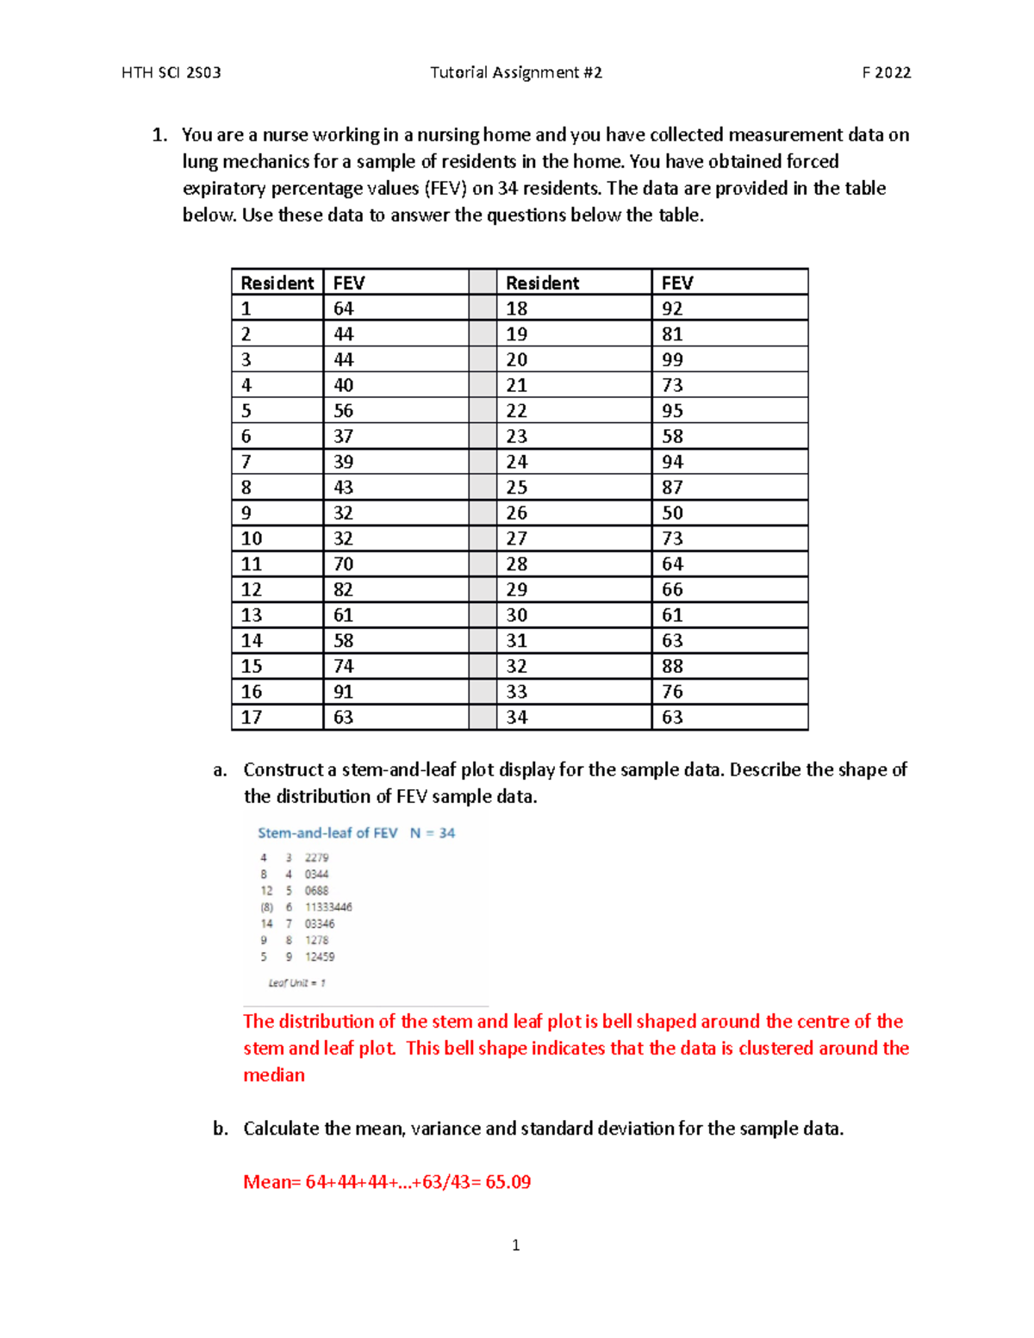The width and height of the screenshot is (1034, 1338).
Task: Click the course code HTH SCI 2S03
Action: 171,73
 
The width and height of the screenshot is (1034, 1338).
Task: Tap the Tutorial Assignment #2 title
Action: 515,73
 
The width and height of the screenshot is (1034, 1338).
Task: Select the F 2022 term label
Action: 886,73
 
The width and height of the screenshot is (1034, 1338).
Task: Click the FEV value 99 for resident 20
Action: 672,359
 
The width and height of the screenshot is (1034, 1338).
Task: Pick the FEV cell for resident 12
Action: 343,589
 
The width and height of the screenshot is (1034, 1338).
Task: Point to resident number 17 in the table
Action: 251,717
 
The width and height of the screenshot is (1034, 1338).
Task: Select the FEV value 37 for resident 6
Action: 343,436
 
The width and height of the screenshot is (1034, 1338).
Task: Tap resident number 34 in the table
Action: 516,717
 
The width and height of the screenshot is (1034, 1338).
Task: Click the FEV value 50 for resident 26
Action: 672,513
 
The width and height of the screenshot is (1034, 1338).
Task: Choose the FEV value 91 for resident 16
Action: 343,692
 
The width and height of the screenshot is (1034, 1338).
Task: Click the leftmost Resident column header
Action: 277,283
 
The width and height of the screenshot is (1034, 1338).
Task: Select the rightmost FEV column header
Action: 677,283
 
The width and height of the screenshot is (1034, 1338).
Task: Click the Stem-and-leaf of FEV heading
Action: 327,833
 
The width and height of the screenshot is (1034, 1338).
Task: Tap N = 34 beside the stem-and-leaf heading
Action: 432,833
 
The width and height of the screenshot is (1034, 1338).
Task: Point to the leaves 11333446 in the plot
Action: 328,907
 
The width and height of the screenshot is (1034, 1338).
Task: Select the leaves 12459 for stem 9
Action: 320,957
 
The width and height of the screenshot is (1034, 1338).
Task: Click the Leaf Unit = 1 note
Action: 296,983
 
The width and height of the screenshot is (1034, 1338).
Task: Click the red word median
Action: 274,1075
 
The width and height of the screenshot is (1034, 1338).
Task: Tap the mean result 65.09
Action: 508,1182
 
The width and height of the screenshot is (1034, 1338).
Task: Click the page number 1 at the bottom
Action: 515,1245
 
